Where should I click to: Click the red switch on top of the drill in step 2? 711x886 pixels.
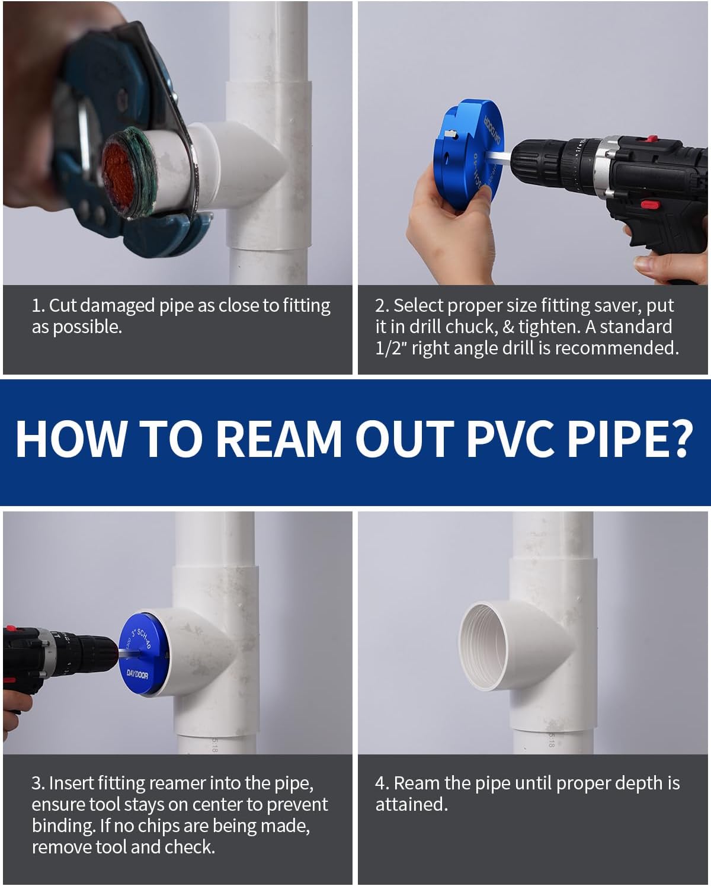point(651,140)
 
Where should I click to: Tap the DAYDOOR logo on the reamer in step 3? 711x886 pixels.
point(137,674)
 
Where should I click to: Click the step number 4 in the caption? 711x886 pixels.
point(380,783)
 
